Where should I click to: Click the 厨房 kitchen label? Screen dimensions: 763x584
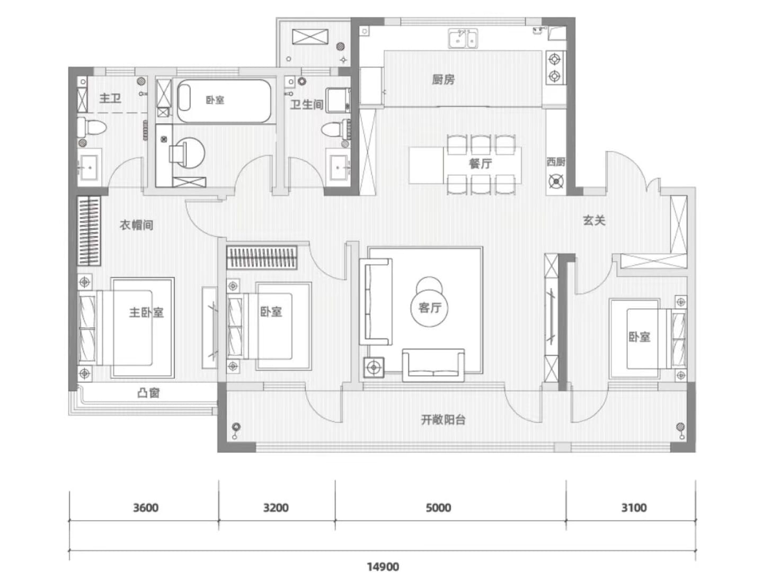443,79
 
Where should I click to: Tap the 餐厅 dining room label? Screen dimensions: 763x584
481,164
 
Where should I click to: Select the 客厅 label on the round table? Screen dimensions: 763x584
429,308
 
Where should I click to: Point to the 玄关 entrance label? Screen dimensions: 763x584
594,220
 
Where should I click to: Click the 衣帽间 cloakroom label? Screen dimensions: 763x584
136,225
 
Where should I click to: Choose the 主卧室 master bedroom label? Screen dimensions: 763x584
146,312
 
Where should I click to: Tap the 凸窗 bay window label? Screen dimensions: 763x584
148,393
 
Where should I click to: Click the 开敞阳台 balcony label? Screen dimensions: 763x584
443,419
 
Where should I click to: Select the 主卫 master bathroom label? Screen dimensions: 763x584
110,98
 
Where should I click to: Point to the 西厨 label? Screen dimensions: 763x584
555,161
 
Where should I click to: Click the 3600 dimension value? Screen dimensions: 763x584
146,508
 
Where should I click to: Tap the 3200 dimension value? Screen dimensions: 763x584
276,508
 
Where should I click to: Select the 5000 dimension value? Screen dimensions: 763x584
439,508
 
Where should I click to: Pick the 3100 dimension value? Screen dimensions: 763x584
634,508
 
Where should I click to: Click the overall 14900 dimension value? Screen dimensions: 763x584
383,567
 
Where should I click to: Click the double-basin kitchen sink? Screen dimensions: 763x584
463,38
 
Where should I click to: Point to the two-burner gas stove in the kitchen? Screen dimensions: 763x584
555,68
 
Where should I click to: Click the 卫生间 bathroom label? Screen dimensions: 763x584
307,104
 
